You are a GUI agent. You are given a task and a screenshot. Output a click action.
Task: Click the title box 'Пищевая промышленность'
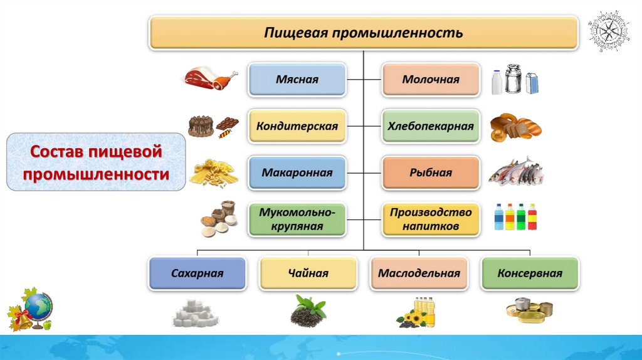click(x=363, y=33)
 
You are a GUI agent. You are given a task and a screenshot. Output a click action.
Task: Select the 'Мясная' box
click(x=297, y=80)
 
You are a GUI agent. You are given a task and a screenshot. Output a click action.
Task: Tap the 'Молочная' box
click(x=431, y=80)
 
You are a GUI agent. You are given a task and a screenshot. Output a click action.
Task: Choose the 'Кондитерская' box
click(x=297, y=126)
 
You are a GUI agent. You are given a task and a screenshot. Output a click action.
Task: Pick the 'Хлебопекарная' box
click(x=431, y=126)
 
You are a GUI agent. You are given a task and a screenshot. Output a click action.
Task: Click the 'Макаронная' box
click(x=297, y=172)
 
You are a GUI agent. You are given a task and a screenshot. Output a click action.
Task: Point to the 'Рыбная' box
click(x=431, y=172)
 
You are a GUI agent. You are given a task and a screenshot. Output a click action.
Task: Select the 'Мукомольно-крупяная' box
click(x=297, y=219)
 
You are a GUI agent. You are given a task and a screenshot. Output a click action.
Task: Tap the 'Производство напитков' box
click(x=431, y=219)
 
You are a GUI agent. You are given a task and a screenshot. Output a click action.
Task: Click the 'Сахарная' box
click(x=197, y=273)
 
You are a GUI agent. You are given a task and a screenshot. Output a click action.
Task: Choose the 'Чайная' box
click(x=308, y=273)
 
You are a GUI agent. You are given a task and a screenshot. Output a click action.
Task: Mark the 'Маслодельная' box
click(x=419, y=273)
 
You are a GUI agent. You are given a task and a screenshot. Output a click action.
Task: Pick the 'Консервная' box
click(x=530, y=273)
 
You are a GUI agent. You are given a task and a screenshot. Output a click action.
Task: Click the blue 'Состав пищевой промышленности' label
click(x=97, y=162)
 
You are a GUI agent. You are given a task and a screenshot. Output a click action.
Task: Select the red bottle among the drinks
click(x=532, y=217)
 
